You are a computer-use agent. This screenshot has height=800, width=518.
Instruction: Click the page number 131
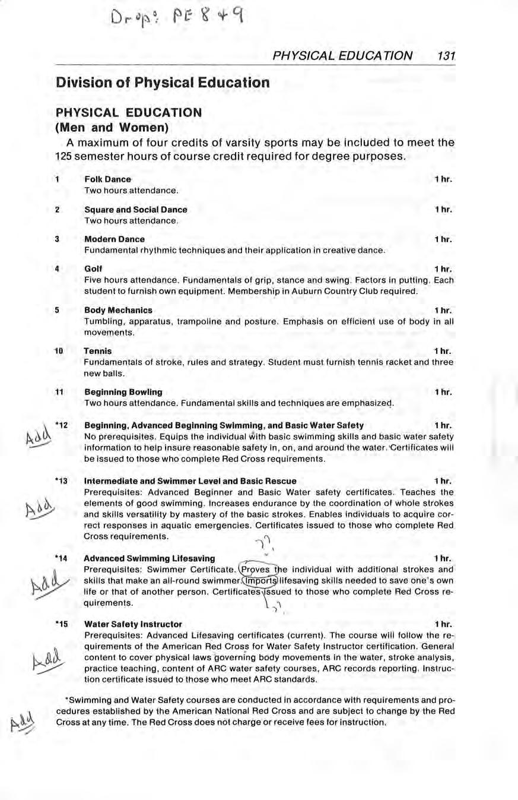(x=445, y=55)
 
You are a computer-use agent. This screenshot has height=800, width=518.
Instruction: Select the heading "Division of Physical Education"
(x=163, y=82)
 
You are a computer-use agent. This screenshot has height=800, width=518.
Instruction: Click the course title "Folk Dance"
(x=107, y=179)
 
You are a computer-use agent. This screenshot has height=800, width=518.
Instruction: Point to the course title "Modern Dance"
(x=115, y=239)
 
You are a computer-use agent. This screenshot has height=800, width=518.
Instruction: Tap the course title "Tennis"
(x=98, y=351)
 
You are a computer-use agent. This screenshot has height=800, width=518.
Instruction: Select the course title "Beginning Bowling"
(x=123, y=392)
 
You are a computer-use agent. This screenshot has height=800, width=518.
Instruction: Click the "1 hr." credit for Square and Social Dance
(x=443, y=210)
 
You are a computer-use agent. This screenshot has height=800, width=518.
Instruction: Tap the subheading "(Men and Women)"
(x=112, y=127)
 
